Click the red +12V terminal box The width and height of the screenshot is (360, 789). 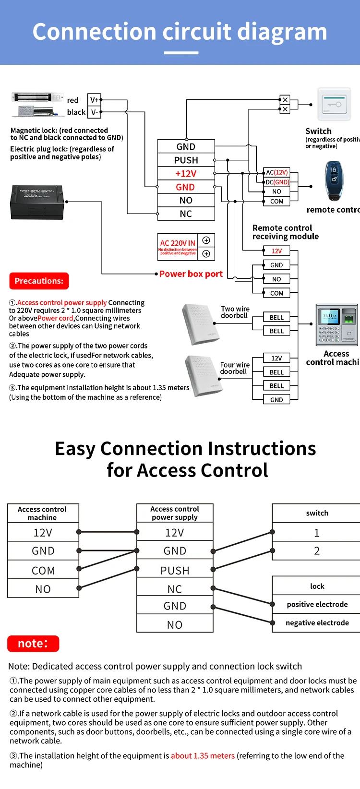[186, 174]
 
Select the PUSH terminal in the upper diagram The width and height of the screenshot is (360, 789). [186, 160]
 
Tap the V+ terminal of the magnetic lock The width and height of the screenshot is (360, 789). [94, 100]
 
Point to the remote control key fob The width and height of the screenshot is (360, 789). [334, 180]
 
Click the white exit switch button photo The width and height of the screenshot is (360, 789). [334, 105]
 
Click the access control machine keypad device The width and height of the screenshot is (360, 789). [336, 324]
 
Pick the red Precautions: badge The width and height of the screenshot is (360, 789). [39, 281]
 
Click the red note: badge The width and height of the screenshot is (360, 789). [33, 644]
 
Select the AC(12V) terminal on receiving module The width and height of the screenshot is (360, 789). [277, 172]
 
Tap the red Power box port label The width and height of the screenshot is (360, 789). [191, 274]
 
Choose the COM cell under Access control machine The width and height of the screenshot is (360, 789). [43, 570]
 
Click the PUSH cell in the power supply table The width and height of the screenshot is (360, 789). [175, 570]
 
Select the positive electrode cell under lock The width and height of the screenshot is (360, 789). [317, 604]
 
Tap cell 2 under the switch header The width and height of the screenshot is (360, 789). [316, 551]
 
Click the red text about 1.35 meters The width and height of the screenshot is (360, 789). [203, 755]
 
